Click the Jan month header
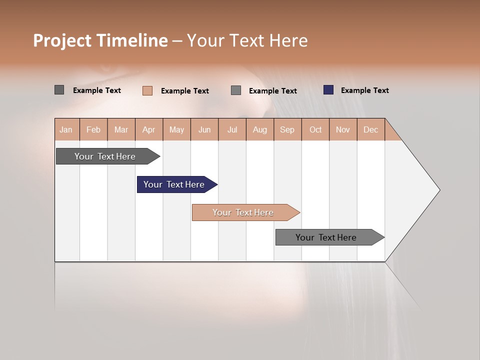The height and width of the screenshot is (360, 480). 66,129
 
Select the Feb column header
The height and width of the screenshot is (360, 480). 93,129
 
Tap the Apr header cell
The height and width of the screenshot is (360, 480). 148,129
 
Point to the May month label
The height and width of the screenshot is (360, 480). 176,129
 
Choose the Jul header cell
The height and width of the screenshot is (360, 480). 232,129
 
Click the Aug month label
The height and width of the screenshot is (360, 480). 259,129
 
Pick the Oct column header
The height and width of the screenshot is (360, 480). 315,129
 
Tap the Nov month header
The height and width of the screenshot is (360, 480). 343,129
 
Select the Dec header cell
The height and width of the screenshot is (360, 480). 370,129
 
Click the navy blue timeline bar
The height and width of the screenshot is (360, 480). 174,184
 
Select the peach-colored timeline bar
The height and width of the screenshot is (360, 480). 243,212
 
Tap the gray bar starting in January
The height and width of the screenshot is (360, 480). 105,156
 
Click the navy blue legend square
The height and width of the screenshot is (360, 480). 328,90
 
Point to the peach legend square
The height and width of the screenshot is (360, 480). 147,90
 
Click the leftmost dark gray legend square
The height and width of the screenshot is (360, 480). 59,90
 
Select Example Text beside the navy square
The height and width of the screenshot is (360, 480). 364,90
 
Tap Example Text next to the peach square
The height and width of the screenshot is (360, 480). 184,91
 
